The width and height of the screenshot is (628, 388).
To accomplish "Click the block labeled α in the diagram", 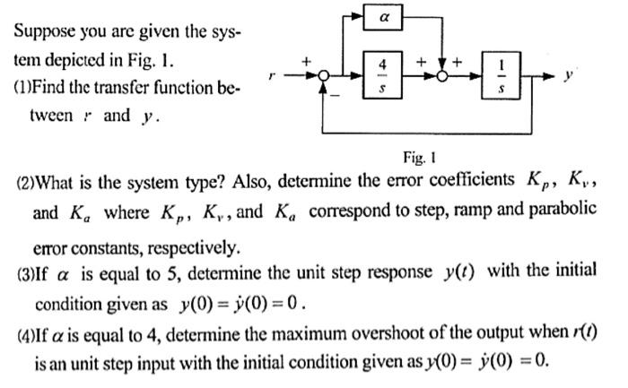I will [x=383, y=17].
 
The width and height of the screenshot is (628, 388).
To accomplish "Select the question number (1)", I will [x=26, y=88].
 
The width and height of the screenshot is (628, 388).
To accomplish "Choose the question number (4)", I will [x=26, y=335].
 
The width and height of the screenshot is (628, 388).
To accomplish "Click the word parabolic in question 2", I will [x=564, y=212].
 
